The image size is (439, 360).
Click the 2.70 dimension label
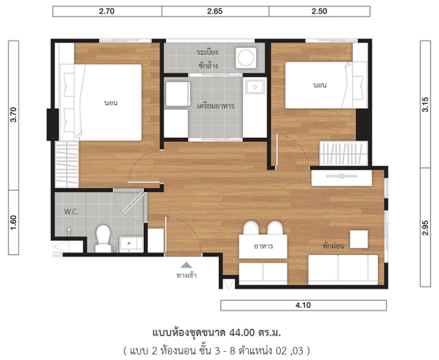[106, 11]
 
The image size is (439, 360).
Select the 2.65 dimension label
[215, 11]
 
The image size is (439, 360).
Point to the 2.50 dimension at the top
[319, 11]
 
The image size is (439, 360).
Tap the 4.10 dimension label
[303, 305]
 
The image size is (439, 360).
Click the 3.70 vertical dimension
[13, 115]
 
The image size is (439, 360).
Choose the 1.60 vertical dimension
[13, 223]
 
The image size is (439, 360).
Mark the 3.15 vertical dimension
[425, 104]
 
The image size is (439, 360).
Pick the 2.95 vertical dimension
[425, 228]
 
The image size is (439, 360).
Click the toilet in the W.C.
[103, 239]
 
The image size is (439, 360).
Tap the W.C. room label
[71, 212]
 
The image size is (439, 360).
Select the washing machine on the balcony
[246, 58]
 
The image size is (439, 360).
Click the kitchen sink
[255, 87]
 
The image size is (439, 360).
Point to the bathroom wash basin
[131, 243]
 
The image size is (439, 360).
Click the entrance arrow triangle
[186, 265]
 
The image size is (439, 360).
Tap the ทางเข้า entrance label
[187, 275]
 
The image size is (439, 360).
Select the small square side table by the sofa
[359, 239]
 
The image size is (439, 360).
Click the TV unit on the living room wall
[341, 178]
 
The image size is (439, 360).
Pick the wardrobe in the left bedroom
[67, 164]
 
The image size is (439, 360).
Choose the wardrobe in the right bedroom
[344, 153]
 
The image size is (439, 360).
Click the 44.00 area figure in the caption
[242, 333]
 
